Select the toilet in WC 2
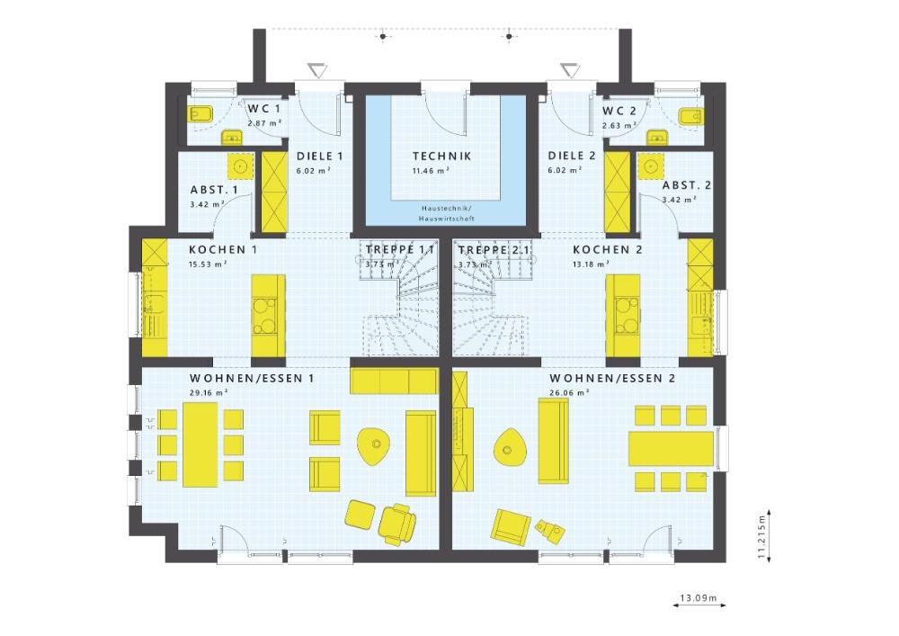[x=690, y=116]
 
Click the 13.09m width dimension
[x=699, y=598]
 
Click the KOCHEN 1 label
[x=223, y=250]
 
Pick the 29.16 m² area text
[x=209, y=393]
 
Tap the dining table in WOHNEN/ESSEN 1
[x=200, y=444]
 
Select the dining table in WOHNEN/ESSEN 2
[x=671, y=449]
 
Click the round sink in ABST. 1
[x=241, y=166]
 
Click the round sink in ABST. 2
[x=650, y=166]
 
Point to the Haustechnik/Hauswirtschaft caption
[x=446, y=213]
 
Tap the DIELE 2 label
[x=572, y=156]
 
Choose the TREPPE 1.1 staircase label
[x=400, y=250]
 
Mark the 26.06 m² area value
[x=570, y=393]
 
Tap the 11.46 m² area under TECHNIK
[x=431, y=170]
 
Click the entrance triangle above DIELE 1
[x=317, y=70]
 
